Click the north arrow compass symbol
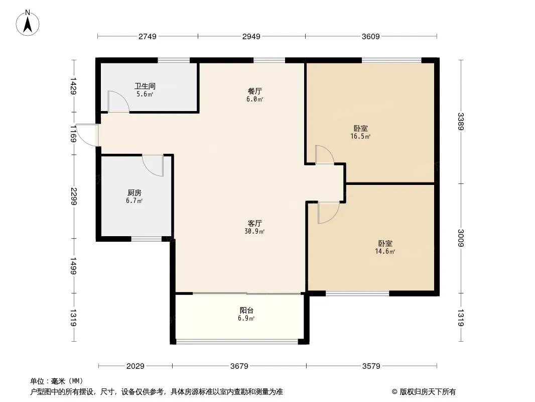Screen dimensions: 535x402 pos(28,23)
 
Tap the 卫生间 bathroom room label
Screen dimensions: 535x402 pos(145,86)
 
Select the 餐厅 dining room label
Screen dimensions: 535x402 pos(255,91)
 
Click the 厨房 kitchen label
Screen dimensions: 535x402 pos(135,192)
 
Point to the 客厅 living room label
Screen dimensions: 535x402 pos(255,223)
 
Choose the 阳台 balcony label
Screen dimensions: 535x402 pos(246,310)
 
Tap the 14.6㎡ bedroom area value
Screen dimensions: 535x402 pos(385,251)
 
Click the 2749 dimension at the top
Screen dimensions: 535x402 pos(148,36)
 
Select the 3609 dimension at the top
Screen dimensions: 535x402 pos(371,36)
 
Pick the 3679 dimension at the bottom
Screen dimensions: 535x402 pos(239,366)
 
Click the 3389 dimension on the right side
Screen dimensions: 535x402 pos(461,122)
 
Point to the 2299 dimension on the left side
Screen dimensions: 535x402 pos(73,196)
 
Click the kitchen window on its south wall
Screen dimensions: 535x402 pos(147,239)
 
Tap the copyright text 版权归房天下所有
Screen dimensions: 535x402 pos(428,392)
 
